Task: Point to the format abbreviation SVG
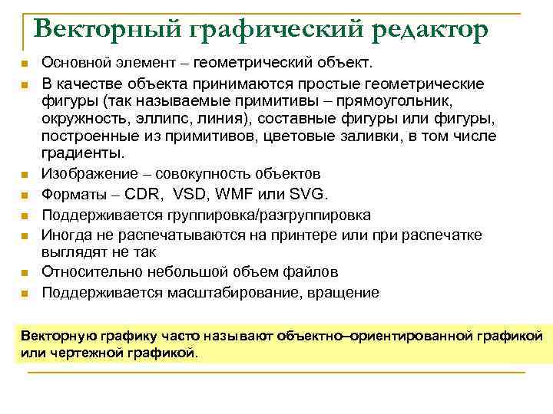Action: (312, 195)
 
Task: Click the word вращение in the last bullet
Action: (344, 292)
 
